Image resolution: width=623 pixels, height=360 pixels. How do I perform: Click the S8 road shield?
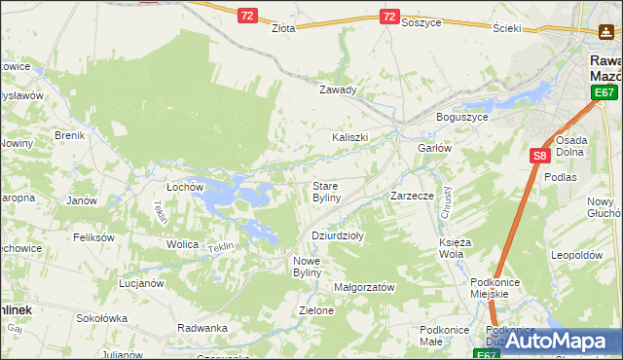coord(540,155)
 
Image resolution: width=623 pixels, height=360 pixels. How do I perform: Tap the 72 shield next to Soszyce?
coord(388,17)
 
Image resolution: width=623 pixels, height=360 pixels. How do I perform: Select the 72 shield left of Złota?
coord(248,16)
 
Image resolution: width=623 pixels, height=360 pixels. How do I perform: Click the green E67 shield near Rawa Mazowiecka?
coord(605,92)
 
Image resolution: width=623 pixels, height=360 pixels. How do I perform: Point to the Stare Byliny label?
coord(326,191)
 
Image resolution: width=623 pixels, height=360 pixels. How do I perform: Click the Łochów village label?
coord(184,186)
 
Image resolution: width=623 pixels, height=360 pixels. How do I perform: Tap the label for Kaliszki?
coord(350,137)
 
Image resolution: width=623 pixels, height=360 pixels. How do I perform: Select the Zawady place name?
coord(339,90)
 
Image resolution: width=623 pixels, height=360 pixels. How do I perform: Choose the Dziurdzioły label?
coord(337,235)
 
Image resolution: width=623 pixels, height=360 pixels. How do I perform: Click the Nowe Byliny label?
coord(313,267)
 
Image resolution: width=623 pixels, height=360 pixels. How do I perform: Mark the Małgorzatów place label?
coord(364,287)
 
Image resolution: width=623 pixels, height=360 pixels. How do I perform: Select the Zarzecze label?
coord(412,196)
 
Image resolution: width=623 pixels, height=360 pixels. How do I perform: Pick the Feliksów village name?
coord(94,236)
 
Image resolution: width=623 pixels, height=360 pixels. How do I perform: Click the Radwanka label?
coord(202,328)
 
